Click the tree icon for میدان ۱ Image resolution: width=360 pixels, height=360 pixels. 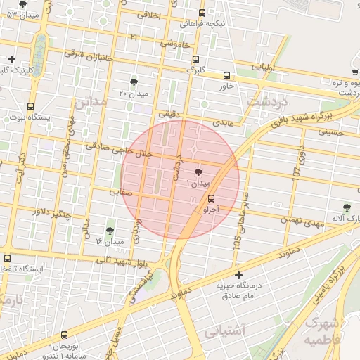198,171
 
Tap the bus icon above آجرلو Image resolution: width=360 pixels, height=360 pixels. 212,199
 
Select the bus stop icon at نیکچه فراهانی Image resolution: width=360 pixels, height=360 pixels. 202,13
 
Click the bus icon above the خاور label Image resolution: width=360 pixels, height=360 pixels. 226,75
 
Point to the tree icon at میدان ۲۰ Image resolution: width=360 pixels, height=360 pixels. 134,82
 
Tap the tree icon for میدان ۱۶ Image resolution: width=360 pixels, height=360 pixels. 110,231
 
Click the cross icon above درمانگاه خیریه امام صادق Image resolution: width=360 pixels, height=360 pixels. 239,274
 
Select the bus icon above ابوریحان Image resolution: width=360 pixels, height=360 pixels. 65,335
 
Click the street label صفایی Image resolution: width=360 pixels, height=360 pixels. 120,191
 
